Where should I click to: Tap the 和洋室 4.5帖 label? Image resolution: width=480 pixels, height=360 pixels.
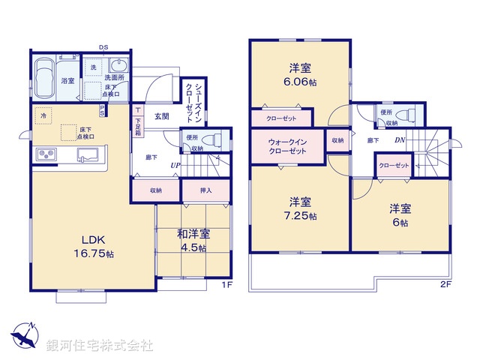click(x=193, y=241)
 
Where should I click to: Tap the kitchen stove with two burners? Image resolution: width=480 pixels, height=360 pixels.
click(x=45, y=156)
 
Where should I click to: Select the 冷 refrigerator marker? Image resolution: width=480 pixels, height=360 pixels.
click(x=45, y=117)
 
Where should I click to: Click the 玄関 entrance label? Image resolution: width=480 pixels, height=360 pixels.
click(x=162, y=116)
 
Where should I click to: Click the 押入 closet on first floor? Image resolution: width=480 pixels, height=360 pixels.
click(x=205, y=191)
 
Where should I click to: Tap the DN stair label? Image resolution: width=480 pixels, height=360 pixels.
click(x=400, y=139)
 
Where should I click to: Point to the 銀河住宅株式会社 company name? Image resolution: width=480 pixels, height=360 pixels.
click(x=100, y=346)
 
